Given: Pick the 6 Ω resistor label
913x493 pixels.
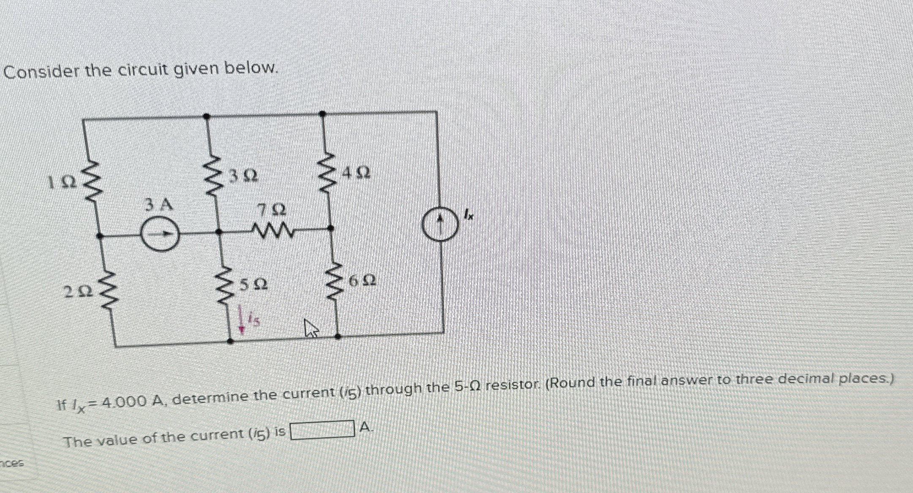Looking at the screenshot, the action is tap(362, 280).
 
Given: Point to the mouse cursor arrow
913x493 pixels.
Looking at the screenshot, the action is tap(311, 328).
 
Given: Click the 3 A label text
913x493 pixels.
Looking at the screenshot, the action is tap(158, 205).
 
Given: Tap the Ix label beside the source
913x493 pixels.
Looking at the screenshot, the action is tap(468, 215).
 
